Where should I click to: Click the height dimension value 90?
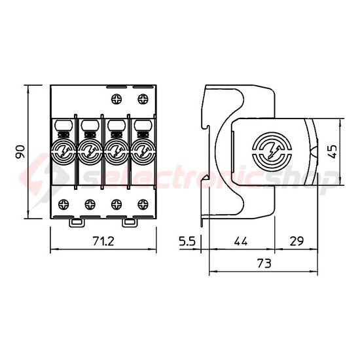(x=21, y=152)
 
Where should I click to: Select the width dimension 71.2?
(x=103, y=242)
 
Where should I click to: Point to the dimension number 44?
(x=240, y=242)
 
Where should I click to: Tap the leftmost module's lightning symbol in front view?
(x=64, y=152)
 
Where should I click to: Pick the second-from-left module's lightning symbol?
(x=90, y=152)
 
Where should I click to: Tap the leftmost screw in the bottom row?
(x=64, y=203)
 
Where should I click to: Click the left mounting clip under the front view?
(x=76, y=223)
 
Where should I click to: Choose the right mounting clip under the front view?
(x=131, y=223)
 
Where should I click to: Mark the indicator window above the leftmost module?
(x=63, y=124)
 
